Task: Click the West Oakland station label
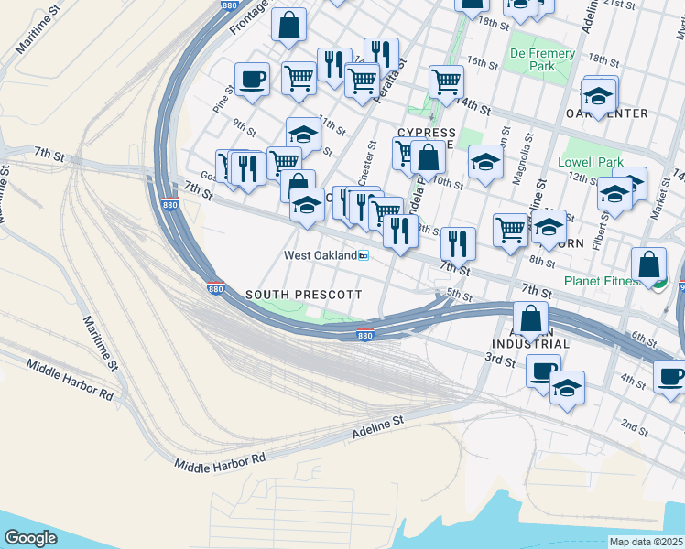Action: click(320, 255)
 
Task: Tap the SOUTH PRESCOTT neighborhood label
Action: click(304, 295)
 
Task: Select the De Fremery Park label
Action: click(543, 59)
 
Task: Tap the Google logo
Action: click(30, 538)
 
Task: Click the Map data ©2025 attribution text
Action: click(647, 542)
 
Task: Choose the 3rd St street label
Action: click(500, 361)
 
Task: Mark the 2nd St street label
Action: click(634, 425)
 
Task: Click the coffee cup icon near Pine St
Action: click(252, 79)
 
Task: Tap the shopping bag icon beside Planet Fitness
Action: click(648, 264)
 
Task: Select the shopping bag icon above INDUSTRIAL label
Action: click(530, 318)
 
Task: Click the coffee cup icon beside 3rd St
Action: click(543, 371)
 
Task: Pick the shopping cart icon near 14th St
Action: click(446, 81)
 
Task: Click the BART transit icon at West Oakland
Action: click(364, 256)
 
